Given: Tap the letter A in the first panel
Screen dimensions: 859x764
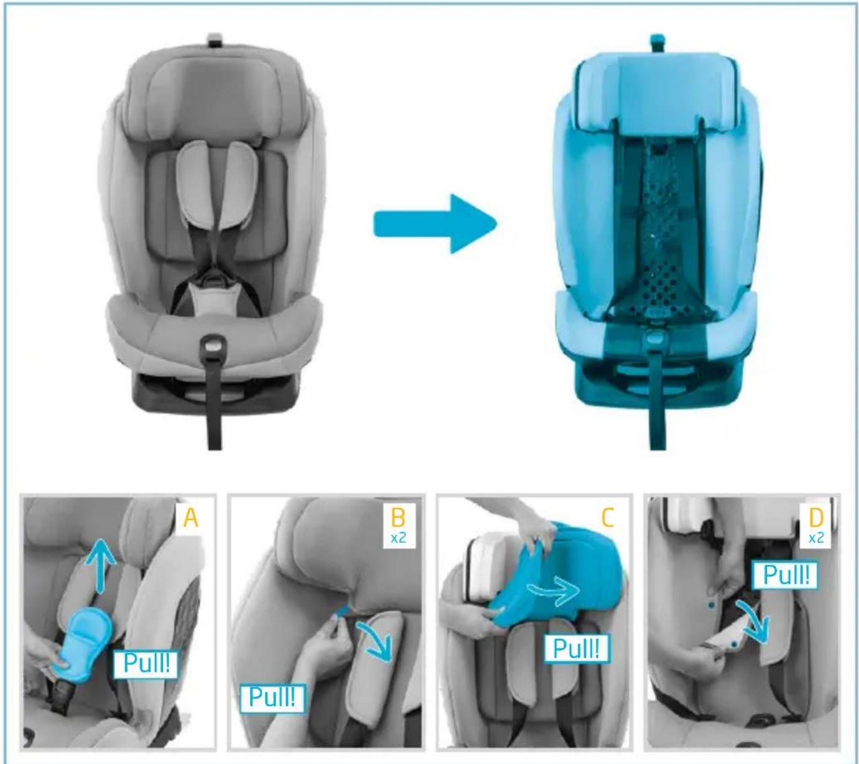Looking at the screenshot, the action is click(190, 518).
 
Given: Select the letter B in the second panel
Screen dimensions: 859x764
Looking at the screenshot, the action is click(398, 517).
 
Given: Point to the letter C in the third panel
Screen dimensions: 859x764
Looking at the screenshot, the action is click(607, 517).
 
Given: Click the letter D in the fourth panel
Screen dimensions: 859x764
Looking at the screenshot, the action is click(815, 517).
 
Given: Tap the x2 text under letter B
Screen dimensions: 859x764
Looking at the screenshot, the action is click(398, 538).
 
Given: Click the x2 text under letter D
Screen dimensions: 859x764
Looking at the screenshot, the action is click(815, 538).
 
